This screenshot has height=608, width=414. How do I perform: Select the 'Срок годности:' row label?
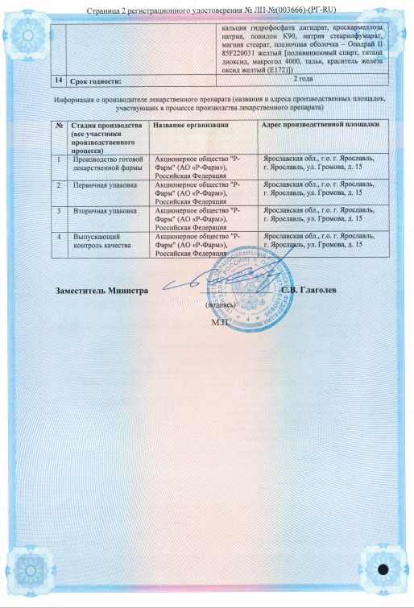[x=96, y=81]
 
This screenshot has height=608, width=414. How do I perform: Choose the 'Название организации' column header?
[x=190, y=126]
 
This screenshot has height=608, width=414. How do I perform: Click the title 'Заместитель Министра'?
[x=102, y=289]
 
